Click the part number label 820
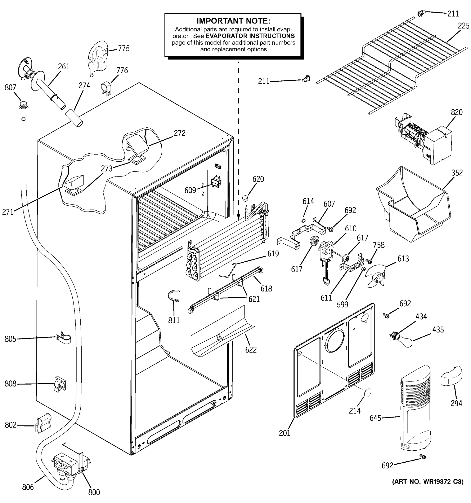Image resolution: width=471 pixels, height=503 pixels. click(x=457, y=112)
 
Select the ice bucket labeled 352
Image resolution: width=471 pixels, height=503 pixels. click(x=414, y=205)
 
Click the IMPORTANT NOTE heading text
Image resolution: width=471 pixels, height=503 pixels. click(x=233, y=21)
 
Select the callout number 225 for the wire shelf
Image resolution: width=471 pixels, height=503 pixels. click(x=463, y=26)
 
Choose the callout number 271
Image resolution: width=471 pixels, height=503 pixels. click(x=8, y=212)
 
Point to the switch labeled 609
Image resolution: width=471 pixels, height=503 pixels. click(x=216, y=181)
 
